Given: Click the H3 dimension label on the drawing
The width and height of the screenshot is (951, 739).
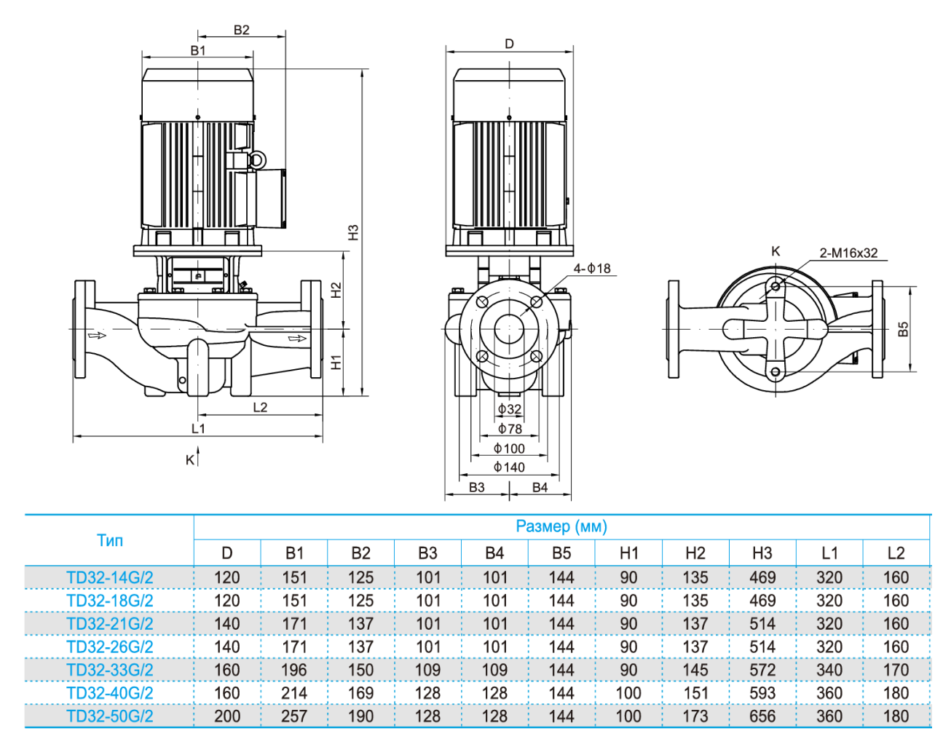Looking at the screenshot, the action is pyautogui.click(x=353, y=232).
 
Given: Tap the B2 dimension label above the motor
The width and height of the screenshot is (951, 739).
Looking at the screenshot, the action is pyautogui.click(x=241, y=30).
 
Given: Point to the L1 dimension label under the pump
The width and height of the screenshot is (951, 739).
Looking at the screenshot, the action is pyautogui.click(x=198, y=428).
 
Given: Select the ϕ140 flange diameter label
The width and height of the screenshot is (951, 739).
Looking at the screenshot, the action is pyautogui.click(x=509, y=467).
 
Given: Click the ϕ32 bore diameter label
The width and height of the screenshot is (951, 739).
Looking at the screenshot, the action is pyautogui.click(x=510, y=409).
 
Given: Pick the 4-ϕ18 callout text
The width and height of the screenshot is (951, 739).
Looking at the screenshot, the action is pyautogui.click(x=592, y=268).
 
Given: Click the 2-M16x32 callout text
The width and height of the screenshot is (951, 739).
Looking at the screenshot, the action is pyautogui.click(x=848, y=253).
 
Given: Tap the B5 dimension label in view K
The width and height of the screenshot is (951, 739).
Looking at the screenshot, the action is pyautogui.click(x=903, y=329).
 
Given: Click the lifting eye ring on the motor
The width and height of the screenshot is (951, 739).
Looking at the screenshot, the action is pyautogui.click(x=257, y=160).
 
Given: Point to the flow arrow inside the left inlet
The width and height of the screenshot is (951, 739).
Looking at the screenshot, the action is pyautogui.click(x=97, y=336).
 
